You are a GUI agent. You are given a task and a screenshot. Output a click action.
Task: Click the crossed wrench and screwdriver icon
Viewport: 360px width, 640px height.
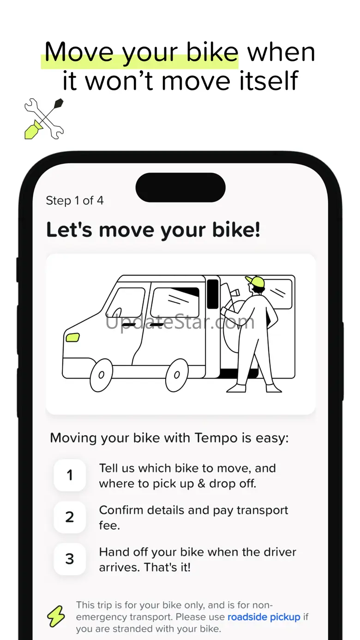(44, 119)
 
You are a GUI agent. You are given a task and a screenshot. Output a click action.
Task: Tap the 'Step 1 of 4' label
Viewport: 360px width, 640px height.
(75, 201)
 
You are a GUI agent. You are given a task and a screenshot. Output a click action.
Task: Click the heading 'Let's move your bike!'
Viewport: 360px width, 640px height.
(153, 230)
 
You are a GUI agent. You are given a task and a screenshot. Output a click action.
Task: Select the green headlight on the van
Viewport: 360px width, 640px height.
(72, 337)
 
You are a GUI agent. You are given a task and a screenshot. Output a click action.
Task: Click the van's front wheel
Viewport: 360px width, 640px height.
(101, 375)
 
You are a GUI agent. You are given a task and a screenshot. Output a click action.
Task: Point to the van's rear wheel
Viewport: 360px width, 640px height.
(177, 375)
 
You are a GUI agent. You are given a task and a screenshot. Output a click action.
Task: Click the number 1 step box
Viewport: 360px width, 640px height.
(70, 475)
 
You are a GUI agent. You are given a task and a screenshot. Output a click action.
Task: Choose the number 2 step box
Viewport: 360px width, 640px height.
(70, 517)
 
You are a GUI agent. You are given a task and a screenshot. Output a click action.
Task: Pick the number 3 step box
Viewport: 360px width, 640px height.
(70, 559)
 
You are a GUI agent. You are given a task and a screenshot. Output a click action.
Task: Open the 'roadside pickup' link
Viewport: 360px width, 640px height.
(264, 617)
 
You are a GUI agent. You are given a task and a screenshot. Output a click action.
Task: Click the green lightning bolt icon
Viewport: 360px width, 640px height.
(56, 616)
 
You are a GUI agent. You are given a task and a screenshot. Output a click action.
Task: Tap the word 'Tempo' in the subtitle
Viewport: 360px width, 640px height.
(216, 438)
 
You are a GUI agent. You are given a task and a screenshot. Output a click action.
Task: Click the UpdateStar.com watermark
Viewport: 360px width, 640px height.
(180, 322)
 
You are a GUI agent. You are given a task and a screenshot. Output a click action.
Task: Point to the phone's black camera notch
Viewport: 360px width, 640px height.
(180, 187)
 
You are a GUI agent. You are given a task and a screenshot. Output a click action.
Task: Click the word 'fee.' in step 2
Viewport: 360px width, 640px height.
(109, 525)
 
